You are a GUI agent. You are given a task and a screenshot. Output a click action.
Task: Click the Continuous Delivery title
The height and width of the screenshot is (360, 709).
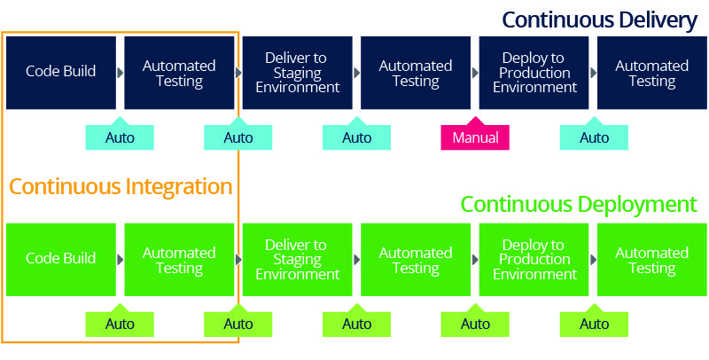tap(599, 20)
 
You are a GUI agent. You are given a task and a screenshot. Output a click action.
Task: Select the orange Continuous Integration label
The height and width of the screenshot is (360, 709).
tap(121, 187)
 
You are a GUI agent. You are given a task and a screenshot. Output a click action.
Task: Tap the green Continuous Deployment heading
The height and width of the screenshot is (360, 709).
tap(578, 205)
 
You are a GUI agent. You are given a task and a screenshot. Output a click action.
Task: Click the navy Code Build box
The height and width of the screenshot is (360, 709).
tap(60, 73)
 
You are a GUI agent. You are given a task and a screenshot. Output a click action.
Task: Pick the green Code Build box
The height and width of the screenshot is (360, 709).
tap(60, 259)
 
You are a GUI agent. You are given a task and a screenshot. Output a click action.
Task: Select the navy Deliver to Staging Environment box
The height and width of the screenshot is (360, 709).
tap(297, 73)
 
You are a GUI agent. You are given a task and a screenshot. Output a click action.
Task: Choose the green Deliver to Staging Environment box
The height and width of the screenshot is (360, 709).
tap(297, 259)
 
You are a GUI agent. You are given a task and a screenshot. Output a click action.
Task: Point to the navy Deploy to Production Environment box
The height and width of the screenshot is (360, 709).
tap(534, 73)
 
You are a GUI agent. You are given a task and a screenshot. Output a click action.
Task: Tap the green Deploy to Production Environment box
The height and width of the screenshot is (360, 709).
tap(534, 259)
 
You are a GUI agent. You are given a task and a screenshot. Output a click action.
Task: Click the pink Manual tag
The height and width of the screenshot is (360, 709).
tap(475, 137)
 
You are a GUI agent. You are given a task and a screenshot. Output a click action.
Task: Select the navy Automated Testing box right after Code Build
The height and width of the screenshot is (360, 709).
tap(179, 73)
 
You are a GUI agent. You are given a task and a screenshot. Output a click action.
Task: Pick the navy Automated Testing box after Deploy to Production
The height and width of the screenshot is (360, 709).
tap(652, 73)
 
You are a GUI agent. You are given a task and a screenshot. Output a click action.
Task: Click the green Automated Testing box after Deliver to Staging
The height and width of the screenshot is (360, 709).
tap(416, 259)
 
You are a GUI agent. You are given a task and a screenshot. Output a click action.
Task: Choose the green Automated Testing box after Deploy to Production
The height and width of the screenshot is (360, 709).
tap(652, 259)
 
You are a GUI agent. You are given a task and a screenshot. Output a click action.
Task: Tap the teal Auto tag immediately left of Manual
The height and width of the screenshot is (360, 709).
tap(356, 137)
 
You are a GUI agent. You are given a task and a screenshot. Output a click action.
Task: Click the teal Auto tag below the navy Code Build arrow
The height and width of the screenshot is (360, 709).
tap(120, 137)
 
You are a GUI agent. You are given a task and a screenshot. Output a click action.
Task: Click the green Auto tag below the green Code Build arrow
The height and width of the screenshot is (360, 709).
tap(120, 324)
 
